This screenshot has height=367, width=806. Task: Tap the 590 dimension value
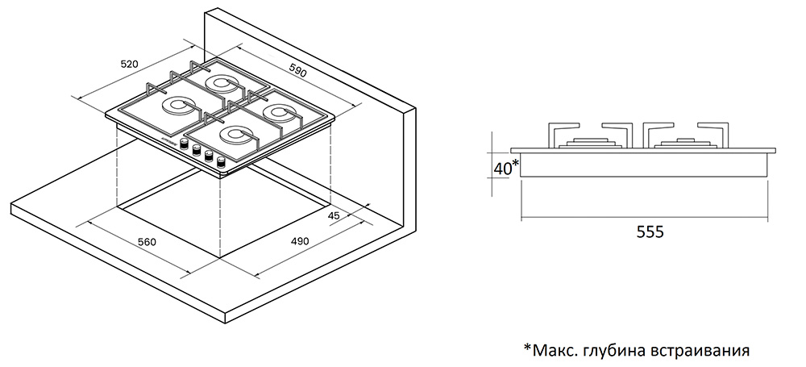pos(298,71)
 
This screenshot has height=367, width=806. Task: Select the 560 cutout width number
pos(146,241)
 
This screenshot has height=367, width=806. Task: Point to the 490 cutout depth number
pos(299,241)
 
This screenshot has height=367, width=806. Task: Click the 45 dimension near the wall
pos(334,215)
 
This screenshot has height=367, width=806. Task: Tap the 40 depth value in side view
pos(502,168)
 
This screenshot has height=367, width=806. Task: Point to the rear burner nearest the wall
pos(221,82)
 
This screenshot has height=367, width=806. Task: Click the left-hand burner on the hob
pos(176,106)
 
